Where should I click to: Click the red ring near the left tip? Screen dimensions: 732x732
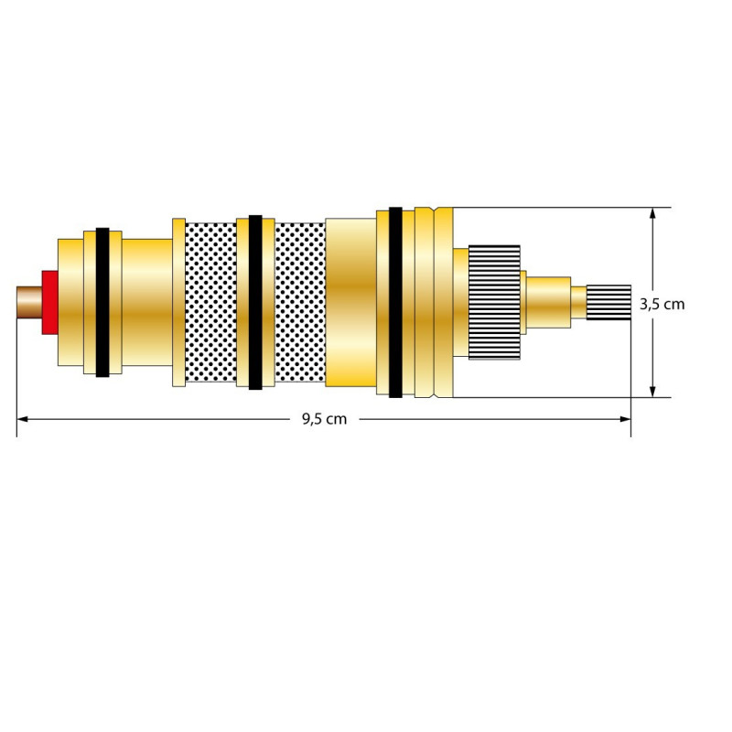pyautogui.click(x=50, y=302)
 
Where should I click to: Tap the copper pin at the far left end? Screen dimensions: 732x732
pyautogui.click(x=29, y=303)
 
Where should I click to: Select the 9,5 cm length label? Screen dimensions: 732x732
pyautogui.click(x=325, y=419)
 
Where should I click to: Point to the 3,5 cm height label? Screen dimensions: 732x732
pyautogui.click(x=662, y=305)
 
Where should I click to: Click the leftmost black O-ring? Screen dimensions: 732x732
pyautogui.click(x=102, y=302)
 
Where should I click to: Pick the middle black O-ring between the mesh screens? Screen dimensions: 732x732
pyautogui.click(x=255, y=302)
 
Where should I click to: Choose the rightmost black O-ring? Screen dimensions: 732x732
pyautogui.click(x=395, y=302)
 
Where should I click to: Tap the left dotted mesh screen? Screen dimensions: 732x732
pyautogui.click(x=211, y=302)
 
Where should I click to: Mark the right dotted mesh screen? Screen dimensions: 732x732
pyautogui.click(x=300, y=302)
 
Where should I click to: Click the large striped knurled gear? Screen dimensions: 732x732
pyautogui.click(x=494, y=302)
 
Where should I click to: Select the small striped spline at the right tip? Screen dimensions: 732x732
pyautogui.click(x=608, y=302)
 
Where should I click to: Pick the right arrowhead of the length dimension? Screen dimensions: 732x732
pyautogui.click(x=625, y=419)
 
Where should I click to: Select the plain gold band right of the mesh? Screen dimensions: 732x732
pyautogui.click(x=350, y=302)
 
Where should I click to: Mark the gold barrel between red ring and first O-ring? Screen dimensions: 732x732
pyautogui.click(x=71, y=302)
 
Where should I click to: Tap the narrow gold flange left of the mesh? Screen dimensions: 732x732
pyautogui.click(x=178, y=302)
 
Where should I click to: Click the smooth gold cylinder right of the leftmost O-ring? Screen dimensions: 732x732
pyautogui.click(x=147, y=302)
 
